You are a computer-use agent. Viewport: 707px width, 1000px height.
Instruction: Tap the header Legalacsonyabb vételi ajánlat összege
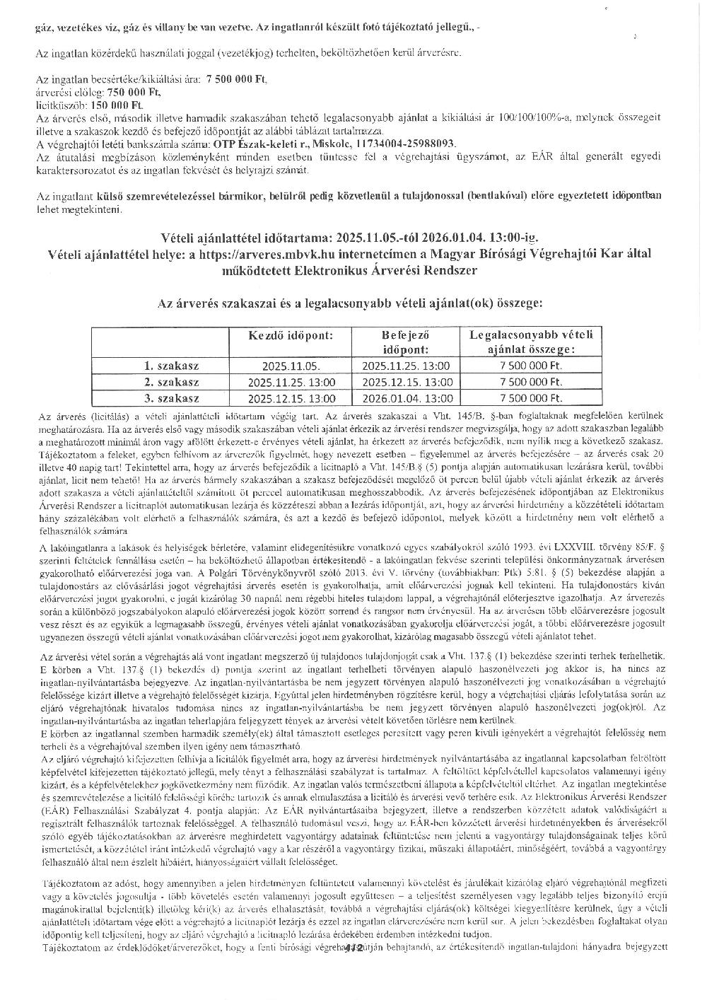[530, 341]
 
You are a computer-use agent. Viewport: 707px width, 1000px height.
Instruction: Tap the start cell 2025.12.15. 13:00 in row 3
[291, 398]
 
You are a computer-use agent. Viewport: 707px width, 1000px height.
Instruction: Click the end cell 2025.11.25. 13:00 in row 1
[405, 366]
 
